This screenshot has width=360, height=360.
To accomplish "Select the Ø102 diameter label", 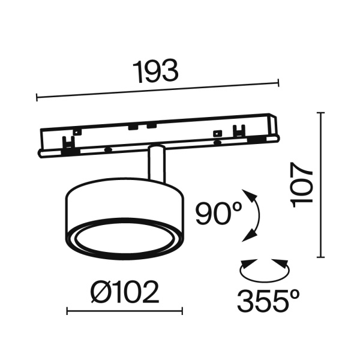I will click(124, 293).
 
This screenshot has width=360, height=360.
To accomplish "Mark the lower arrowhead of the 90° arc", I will click(247, 238).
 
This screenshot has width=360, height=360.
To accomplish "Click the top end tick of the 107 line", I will click(322, 112).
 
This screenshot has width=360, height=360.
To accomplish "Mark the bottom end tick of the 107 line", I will click(322, 256).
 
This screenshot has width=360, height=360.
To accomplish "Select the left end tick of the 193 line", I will click(38, 96).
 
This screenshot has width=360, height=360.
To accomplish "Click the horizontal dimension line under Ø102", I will click(124, 311).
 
